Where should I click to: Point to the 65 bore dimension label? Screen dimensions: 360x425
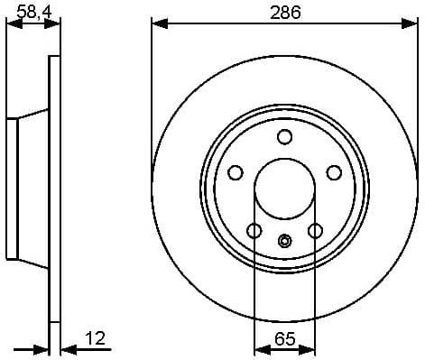coord(284,339)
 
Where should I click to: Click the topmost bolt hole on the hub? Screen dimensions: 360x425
coord(285,136)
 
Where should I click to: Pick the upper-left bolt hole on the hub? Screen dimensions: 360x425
coord(236,171)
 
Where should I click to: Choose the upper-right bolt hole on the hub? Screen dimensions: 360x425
coord(333,171)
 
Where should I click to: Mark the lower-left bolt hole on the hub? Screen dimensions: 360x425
coord(254,230)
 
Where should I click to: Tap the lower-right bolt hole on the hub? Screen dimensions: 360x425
coord(315,230)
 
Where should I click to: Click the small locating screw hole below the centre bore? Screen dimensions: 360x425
coord(285,240)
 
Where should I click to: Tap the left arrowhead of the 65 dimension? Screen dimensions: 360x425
coord(260,349)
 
